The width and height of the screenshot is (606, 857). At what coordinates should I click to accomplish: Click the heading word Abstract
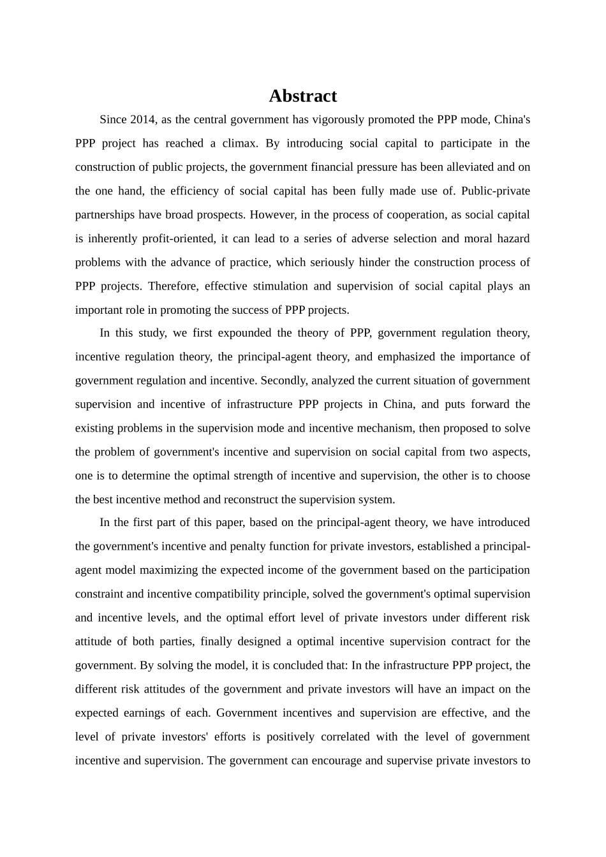coord(302,96)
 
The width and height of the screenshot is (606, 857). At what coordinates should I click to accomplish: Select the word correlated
coord(340,737)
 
